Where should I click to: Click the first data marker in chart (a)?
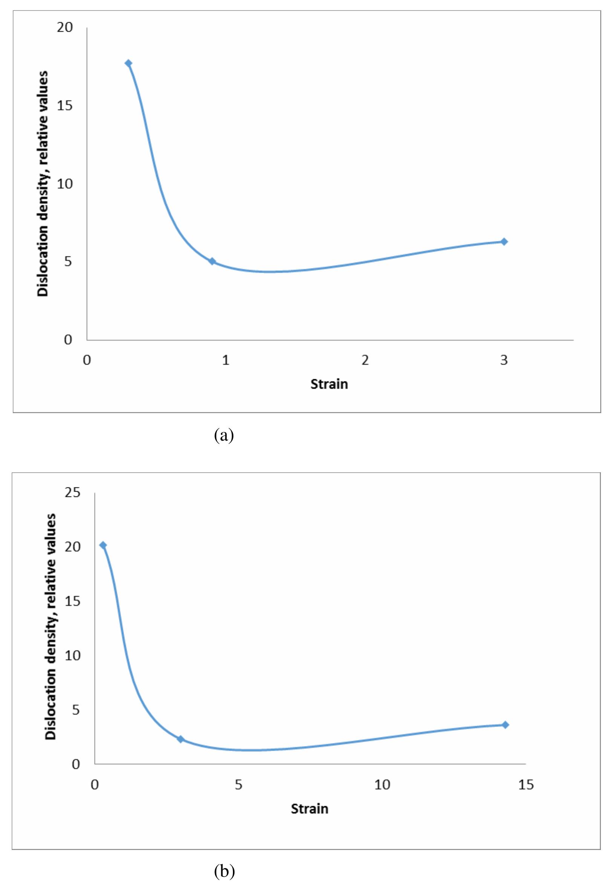click(x=128, y=63)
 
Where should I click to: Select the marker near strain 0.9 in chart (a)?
click(x=212, y=261)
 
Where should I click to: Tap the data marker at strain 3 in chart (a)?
click(x=504, y=241)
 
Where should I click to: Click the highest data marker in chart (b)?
click(x=103, y=545)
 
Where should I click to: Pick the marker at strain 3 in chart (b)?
click(x=180, y=739)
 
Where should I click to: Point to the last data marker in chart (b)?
click(x=505, y=724)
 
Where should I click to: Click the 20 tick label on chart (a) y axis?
click(x=65, y=28)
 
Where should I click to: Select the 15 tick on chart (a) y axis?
click(x=65, y=105)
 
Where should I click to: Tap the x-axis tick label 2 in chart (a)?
click(x=365, y=360)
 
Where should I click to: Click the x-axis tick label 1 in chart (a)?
click(x=226, y=360)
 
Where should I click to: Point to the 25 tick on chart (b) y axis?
click(x=72, y=492)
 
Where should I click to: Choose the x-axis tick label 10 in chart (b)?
click(x=382, y=785)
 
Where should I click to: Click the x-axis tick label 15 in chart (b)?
click(x=526, y=785)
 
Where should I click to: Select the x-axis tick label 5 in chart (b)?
click(x=239, y=785)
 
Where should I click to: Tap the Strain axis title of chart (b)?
click(x=309, y=808)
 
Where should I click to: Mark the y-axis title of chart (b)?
click(x=51, y=627)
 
